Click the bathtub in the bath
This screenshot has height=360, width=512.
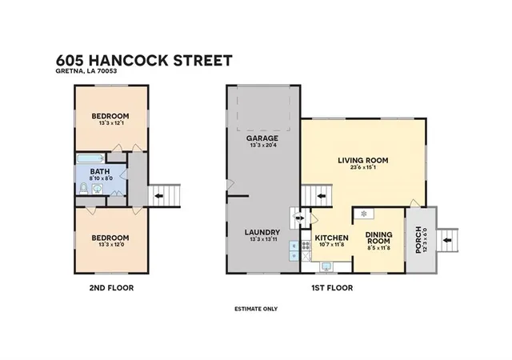90,158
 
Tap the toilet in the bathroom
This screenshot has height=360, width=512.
83,189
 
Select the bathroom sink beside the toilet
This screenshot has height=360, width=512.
98,189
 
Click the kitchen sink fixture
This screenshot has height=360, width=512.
326,266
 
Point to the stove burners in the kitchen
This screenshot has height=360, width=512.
306,245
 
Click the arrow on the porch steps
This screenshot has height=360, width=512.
446,240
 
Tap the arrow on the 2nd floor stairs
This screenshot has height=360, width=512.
158,196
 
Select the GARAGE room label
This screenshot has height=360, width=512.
262,138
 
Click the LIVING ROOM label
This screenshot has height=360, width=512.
362,160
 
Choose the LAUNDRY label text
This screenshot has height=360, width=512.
262,232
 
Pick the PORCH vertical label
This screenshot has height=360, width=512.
418,240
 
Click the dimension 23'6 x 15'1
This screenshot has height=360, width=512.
362,167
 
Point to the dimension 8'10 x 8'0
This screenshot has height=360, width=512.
100,178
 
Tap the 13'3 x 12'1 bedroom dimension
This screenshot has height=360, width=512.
110,123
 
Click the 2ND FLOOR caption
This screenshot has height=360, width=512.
111,288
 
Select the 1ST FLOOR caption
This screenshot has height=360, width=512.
332,288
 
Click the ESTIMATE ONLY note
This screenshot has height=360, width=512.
256,309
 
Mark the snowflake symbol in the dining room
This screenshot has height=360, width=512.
364,214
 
